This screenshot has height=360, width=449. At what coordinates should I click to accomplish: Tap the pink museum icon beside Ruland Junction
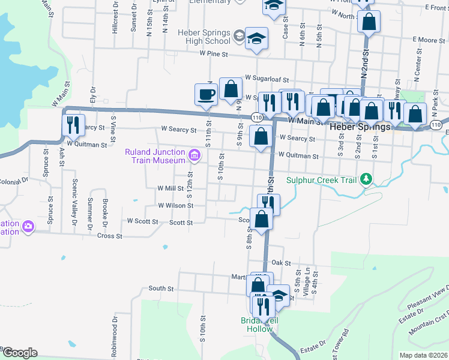click(194, 157)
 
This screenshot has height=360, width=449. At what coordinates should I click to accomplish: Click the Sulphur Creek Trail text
click(321, 179)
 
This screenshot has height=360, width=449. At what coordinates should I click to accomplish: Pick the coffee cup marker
click(206, 95)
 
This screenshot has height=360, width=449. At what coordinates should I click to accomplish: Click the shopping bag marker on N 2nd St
click(369, 23)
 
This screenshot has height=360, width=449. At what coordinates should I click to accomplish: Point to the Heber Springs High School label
click(203, 37)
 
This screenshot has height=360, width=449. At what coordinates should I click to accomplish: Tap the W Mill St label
click(170, 188)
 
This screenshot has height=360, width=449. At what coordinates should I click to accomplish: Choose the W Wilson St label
click(175, 205)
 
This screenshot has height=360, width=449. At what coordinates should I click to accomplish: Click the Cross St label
click(110, 236)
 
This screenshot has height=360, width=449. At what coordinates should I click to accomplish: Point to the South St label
click(161, 289)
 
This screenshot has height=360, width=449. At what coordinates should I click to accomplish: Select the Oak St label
click(281, 263)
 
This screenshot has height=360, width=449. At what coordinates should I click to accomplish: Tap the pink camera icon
click(28, 227)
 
